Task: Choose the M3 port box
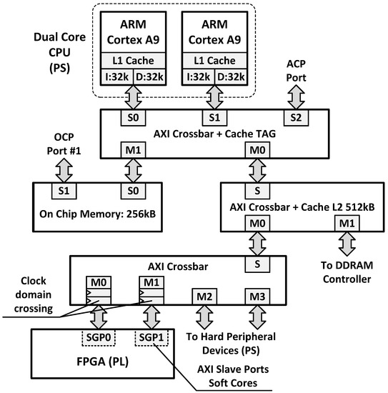pos(254,295)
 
